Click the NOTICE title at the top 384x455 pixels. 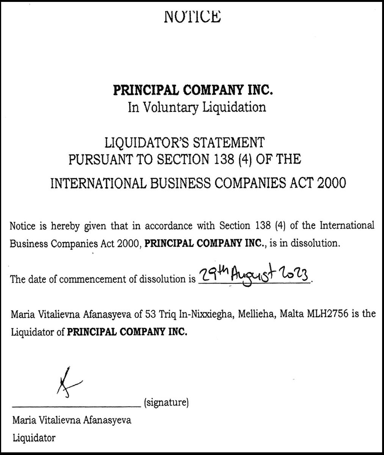(x=192, y=16)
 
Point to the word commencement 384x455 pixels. (x=89, y=280)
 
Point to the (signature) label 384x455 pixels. (x=166, y=402)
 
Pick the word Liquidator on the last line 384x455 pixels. (x=34, y=438)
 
